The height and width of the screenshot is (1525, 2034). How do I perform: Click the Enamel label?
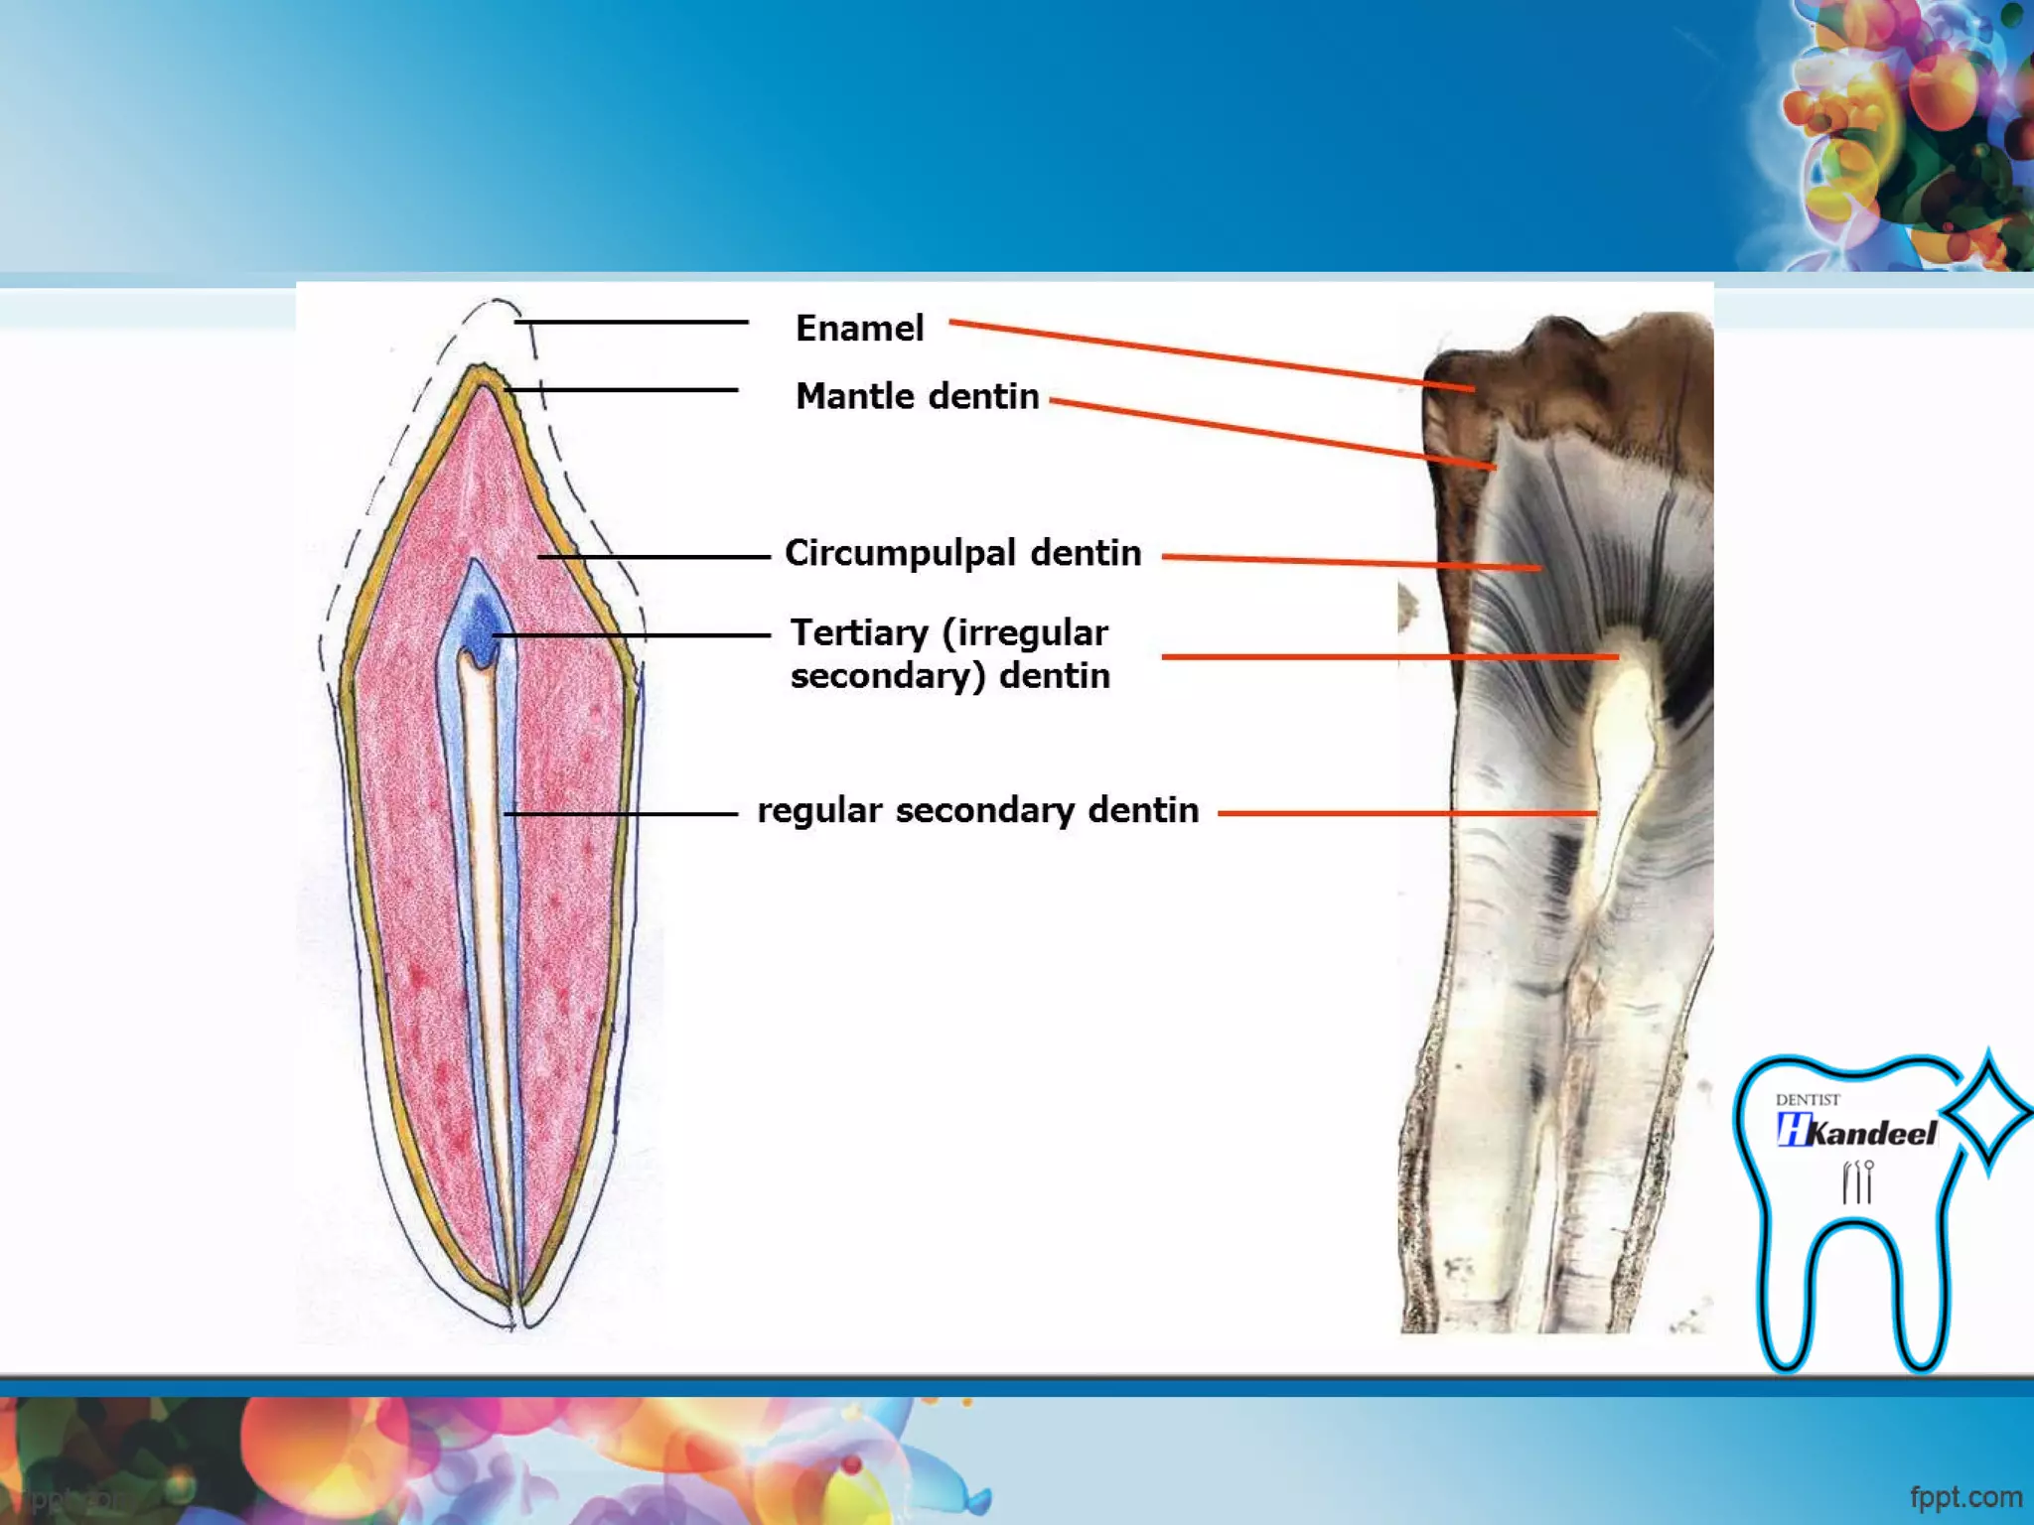(859, 328)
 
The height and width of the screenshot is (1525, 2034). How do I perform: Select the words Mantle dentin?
(917, 396)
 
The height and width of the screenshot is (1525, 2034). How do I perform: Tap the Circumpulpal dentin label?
(962, 553)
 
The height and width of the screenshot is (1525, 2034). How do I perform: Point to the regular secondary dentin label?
(977, 810)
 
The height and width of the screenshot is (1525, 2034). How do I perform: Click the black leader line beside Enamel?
(632, 322)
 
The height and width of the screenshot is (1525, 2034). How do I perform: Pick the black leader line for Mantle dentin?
(622, 390)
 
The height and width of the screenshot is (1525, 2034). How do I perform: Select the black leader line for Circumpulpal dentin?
(655, 557)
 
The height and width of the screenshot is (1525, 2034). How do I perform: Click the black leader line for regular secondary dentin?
(622, 814)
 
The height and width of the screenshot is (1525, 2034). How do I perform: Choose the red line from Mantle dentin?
(1271, 434)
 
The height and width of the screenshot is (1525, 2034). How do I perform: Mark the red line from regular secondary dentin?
(1406, 813)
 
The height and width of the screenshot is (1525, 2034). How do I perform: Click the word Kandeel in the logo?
(1872, 1133)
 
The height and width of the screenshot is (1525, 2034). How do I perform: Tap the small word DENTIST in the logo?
(1808, 1099)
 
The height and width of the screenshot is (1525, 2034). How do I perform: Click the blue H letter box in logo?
(1793, 1130)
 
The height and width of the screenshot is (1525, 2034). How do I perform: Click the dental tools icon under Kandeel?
(1857, 1181)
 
